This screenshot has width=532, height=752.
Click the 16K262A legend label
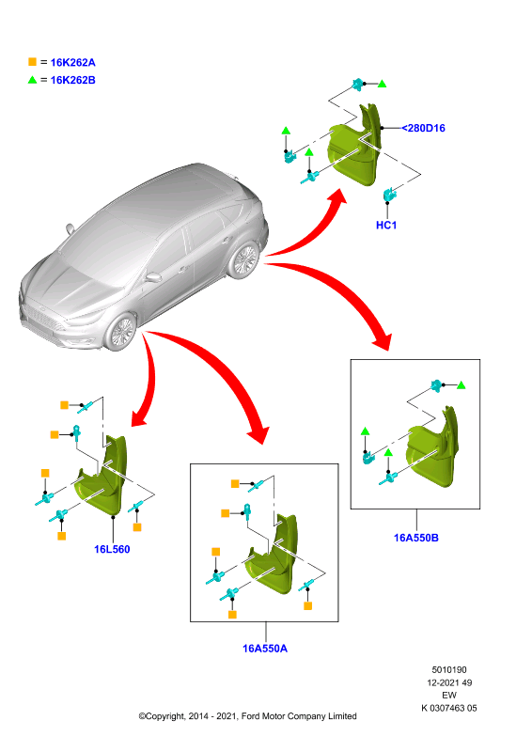[x=73, y=62]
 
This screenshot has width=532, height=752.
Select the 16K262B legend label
[x=73, y=80]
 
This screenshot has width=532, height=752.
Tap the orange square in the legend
[x=33, y=62]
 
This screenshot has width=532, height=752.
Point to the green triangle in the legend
[x=33, y=80]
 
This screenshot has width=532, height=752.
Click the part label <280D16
[x=424, y=128]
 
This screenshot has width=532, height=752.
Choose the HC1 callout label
[x=386, y=225]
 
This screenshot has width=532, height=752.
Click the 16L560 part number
[x=112, y=549]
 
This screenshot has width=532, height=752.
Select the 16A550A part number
[x=265, y=649]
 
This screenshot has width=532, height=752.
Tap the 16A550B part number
[x=415, y=538]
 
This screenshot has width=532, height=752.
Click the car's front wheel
[x=121, y=332]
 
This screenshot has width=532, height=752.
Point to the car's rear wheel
[x=244, y=260]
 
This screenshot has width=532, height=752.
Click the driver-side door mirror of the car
[x=153, y=277]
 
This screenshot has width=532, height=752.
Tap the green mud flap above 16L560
[x=103, y=479]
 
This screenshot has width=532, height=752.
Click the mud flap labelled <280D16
[x=355, y=147]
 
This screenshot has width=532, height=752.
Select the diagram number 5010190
[x=449, y=669]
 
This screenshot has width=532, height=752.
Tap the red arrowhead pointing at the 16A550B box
[x=383, y=340]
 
